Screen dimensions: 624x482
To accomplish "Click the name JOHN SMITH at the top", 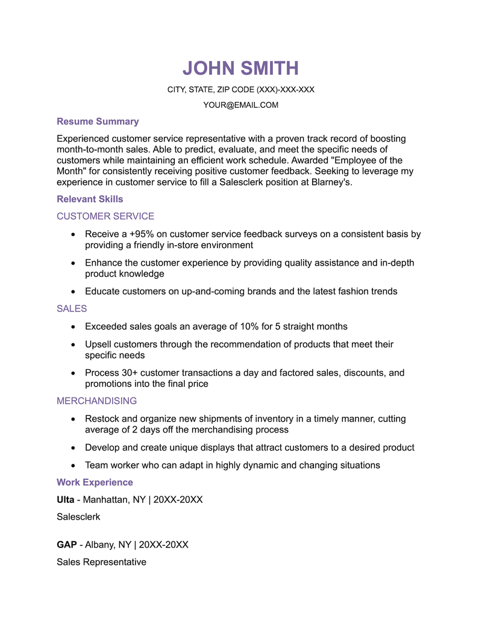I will click(240, 68).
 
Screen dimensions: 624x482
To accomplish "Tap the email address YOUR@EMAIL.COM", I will click(240, 105).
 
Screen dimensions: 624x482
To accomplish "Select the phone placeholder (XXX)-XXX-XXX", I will click(286, 90).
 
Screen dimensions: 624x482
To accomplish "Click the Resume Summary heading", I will click(98, 121).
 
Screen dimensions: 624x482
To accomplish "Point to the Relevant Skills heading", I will click(90, 199).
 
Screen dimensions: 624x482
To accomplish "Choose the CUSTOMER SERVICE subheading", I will click(105, 216).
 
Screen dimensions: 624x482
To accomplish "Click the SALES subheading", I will click(72, 308).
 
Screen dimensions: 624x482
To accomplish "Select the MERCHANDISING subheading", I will click(96, 401).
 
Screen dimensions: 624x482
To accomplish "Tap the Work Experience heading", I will click(95, 482).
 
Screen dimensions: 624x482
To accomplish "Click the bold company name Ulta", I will click(65, 499).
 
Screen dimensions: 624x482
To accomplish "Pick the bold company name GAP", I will click(66, 544).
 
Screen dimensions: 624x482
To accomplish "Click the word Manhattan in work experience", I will click(105, 499).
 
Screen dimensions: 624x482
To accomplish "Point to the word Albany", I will click(100, 544).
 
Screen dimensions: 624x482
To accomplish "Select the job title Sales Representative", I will click(101, 562).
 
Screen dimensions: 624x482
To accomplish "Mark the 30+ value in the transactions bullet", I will click(129, 372).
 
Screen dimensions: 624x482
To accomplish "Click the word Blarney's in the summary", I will click(331, 182).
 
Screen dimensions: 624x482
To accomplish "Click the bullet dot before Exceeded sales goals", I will click(73, 326).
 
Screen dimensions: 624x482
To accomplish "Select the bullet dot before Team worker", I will click(73, 465).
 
